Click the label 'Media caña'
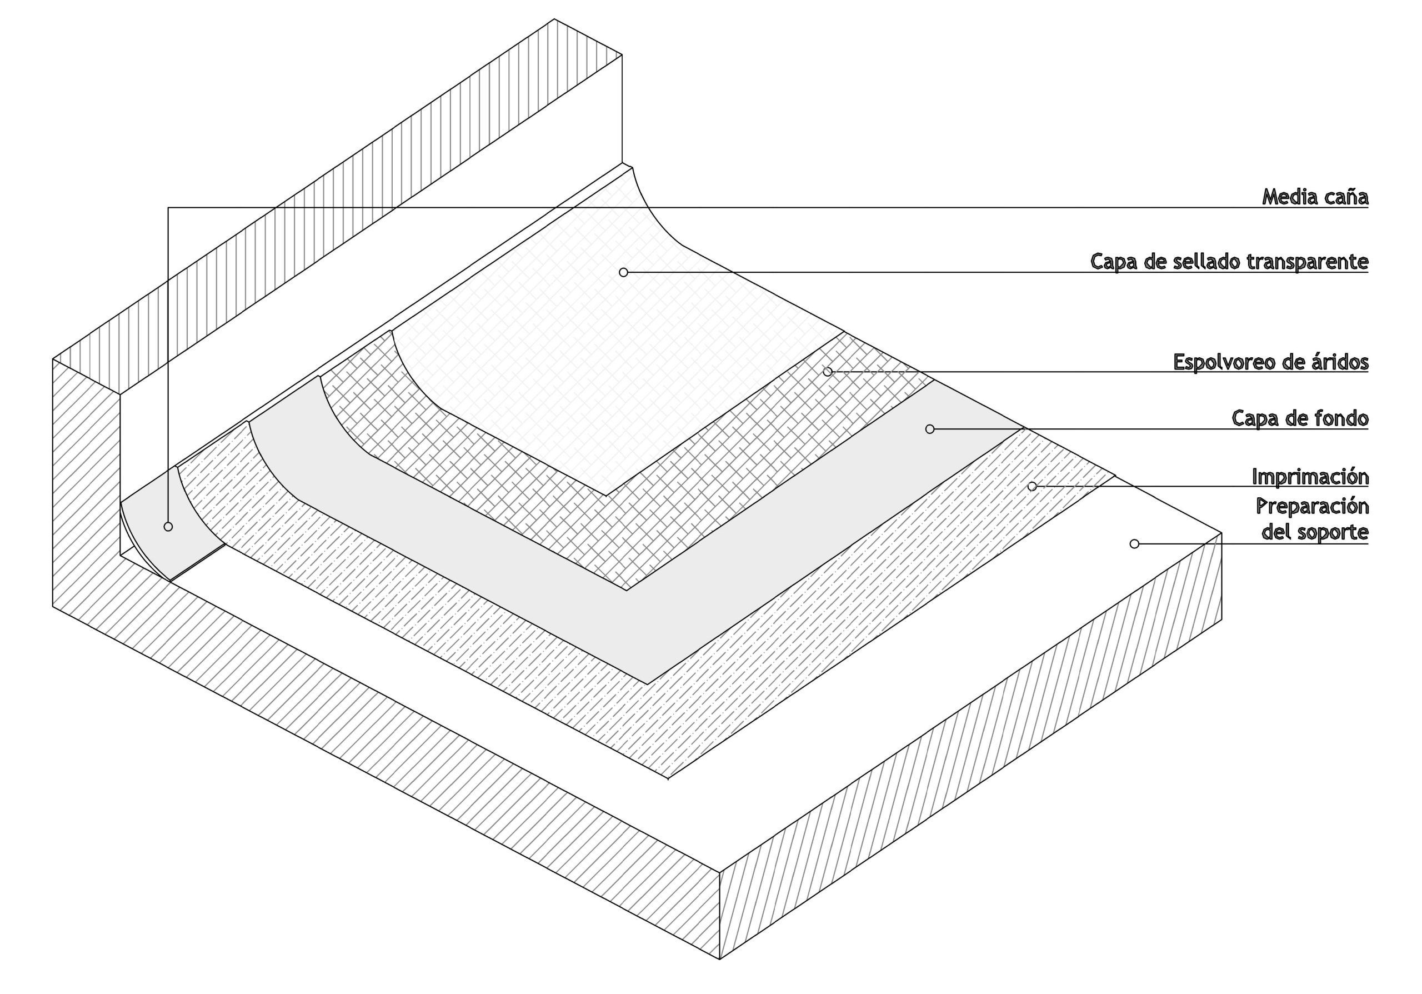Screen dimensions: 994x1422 (x=1314, y=197)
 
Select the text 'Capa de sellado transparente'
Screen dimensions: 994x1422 (x=1229, y=261)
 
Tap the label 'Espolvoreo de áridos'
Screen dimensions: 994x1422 (x=1270, y=362)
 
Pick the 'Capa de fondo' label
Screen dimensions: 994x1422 (x=1299, y=418)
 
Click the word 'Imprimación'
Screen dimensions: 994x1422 (x=1310, y=477)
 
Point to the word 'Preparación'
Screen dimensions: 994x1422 (x=1312, y=507)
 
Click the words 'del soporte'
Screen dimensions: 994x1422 (x=1314, y=532)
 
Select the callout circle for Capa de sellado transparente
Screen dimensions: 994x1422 (x=623, y=272)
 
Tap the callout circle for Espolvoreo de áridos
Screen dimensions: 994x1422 (x=828, y=372)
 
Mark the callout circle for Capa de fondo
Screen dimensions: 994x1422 (x=930, y=429)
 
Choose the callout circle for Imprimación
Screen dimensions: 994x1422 (x=1032, y=487)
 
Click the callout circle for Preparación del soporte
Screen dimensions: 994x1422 (x=1135, y=544)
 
